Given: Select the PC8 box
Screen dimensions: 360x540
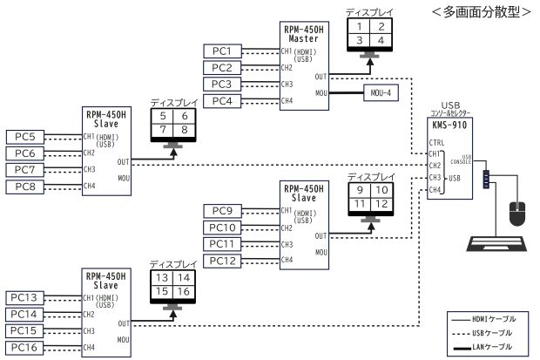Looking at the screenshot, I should tap(25, 187).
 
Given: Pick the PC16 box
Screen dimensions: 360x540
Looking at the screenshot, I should tap(25, 348).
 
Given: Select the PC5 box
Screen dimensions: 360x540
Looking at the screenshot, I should tap(25, 137).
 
